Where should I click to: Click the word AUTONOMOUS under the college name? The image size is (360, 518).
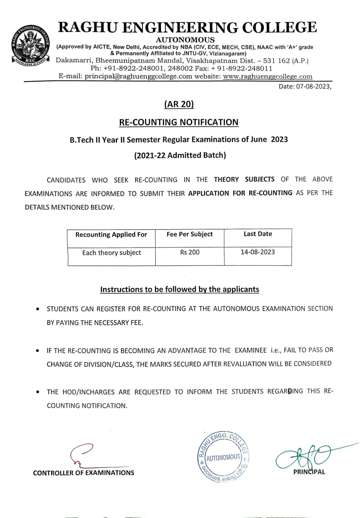coord(185,40)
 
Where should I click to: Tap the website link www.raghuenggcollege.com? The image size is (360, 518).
coord(267,77)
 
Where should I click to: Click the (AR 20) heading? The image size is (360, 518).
coord(179,104)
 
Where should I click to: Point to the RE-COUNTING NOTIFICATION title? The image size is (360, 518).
coord(179,122)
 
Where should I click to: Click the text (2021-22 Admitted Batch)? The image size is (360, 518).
coord(180,155)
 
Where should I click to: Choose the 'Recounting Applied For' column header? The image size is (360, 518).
coord(111,235)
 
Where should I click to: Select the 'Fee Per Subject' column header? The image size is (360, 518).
coord(190,234)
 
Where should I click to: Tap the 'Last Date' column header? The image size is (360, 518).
coord(258,234)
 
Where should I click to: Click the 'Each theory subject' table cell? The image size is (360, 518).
coord(111,253)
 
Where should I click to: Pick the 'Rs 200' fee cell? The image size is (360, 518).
coord(190,252)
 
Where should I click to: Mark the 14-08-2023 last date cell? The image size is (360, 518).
coord(258,252)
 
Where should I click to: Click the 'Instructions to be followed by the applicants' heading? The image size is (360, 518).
coord(180,289)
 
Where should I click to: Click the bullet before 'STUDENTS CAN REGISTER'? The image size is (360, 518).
coord(38,309)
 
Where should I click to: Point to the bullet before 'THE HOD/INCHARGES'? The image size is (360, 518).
coord(38,392)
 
